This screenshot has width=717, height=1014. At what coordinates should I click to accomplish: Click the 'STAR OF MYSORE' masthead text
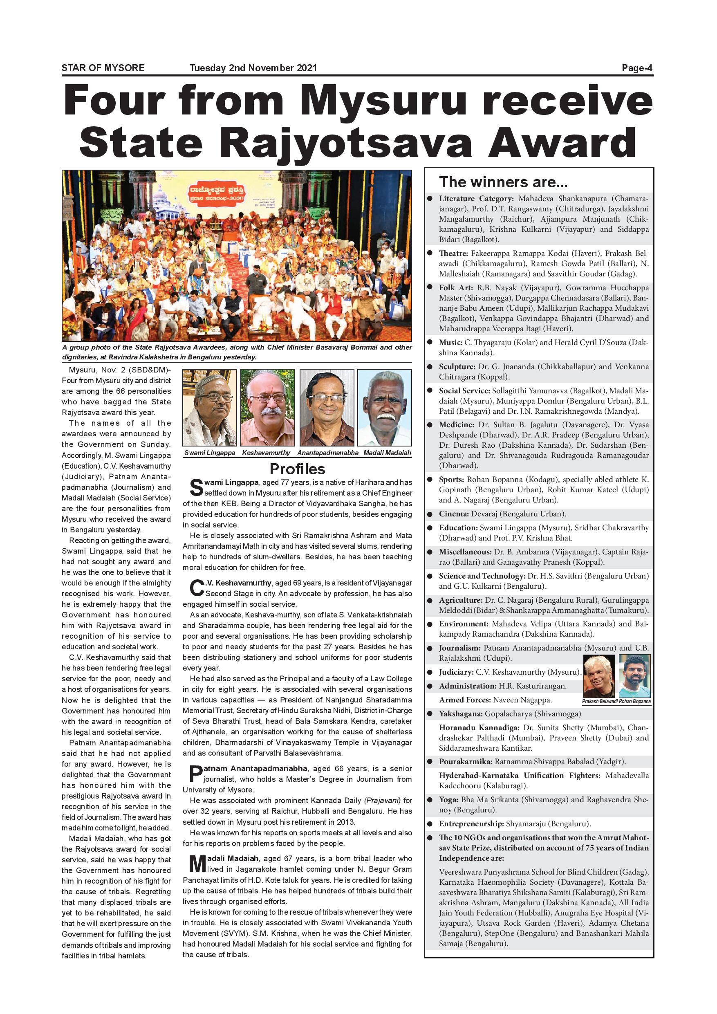(x=103, y=68)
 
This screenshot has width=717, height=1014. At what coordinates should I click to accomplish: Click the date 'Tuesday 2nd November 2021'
(x=253, y=68)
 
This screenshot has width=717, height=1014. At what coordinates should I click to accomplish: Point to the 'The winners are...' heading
(x=503, y=182)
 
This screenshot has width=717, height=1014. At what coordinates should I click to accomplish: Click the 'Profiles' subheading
(x=297, y=469)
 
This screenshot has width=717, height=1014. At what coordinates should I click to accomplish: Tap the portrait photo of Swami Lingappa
(x=209, y=407)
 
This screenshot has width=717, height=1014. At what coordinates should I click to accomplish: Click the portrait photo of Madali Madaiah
(x=385, y=407)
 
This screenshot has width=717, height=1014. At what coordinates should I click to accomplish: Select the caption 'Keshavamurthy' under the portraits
(x=266, y=453)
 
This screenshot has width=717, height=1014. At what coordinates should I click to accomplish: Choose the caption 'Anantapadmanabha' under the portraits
(x=327, y=453)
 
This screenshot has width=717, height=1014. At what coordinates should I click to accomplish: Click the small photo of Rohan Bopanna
(x=634, y=676)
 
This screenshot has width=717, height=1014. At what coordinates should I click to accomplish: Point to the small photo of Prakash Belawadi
(x=599, y=676)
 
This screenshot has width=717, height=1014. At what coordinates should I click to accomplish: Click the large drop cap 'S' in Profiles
(x=197, y=487)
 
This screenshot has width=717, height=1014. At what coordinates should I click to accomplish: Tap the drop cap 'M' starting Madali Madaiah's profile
(x=194, y=864)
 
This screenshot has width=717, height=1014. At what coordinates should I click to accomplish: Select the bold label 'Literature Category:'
(x=476, y=199)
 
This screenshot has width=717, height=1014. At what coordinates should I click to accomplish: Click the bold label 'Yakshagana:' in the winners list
(x=460, y=714)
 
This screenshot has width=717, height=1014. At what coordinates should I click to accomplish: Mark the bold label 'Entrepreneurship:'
(x=471, y=823)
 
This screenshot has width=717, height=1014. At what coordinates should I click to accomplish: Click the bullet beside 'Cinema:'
(x=430, y=514)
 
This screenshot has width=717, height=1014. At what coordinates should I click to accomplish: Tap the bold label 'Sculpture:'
(x=457, y=367)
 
